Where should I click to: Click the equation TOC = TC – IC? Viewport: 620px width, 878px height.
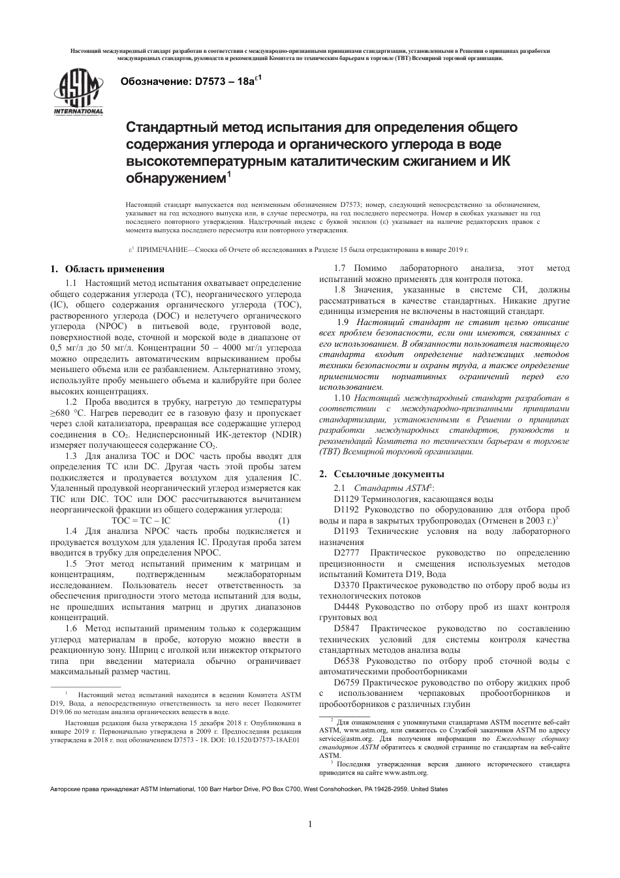(140, 520)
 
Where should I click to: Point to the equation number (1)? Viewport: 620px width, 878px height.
(284, 520)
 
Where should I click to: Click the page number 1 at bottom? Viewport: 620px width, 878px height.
(310, 824)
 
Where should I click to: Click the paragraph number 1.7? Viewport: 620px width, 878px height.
(339, 268)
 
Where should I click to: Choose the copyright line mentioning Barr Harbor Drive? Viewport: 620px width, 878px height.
(249, 789)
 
